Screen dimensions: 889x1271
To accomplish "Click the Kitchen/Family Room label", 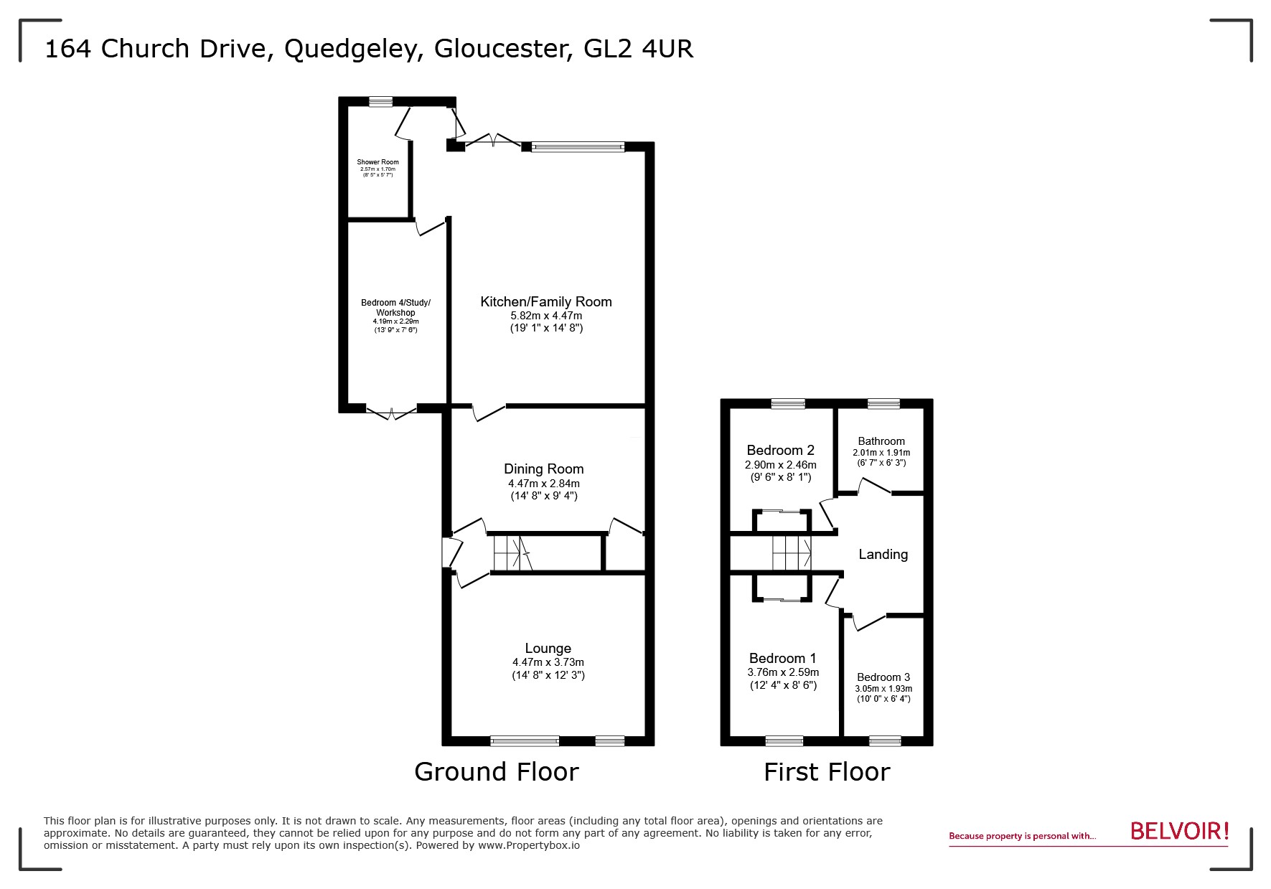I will pyautogui.click(x=545, y=302).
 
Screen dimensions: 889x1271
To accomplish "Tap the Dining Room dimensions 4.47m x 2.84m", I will pyautogui.click(x=543, y=484).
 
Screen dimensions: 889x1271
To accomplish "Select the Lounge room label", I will pyautogui.click(x=548, y=649).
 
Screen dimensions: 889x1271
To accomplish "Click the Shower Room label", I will pyautogui.click(x=377, y=162).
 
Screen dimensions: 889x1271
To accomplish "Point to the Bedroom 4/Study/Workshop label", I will pyautogui.click(x=395, y=308).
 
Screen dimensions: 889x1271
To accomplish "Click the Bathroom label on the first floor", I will pyautogui.click(x=881, y=441).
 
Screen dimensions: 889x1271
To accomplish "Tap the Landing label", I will pyautogui.click(x=883, y=554).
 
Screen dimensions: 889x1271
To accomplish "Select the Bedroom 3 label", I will pyautogui.click(x=883, y=677).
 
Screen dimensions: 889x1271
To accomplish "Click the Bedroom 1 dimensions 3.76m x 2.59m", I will pyautogui.click(x=783, y=672).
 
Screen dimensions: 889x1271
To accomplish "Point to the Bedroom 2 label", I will pyautogui.click(x=780, y=451).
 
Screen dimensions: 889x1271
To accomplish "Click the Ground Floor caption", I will pyautogui.click(x=496, y=772).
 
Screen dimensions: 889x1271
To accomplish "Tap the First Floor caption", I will pyautogui.click(x=826, y=772).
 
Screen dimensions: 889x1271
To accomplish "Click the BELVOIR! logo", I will pyautogui.click(x=1179, y=831).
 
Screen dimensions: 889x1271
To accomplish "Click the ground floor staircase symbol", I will pyautogui.click(x=511, y=553).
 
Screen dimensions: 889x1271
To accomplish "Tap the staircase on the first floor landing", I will pyautogui.click(x=792, y=553).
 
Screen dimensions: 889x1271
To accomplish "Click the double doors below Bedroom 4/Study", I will pyautogui.click(x=391, y=412).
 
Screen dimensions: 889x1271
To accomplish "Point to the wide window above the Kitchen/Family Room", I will pyautogui.click(x=578, y=146).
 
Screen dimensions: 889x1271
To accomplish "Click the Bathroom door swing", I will pyautogui.click(x=874, y=487).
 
